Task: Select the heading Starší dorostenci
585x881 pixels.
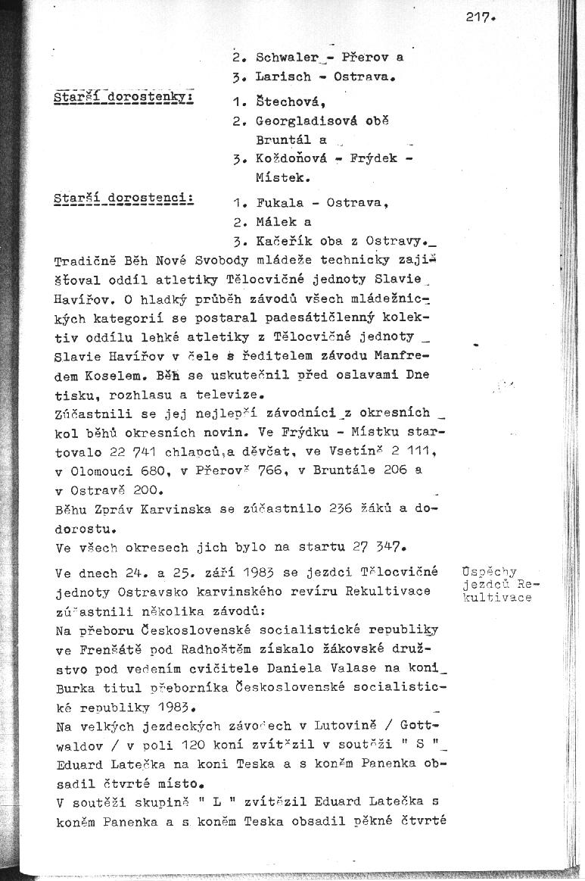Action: pyautogui.click(x=125, y=198)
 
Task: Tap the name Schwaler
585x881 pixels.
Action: pyautogui.click(x=284, y=57)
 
